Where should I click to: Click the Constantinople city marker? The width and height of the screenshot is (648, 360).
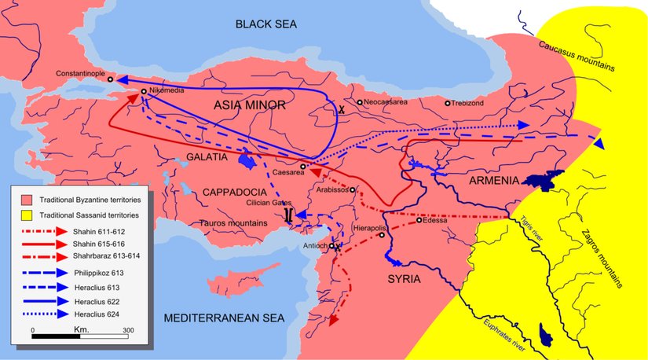(111, 79)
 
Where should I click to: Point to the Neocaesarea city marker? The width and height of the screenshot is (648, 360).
(360, 102)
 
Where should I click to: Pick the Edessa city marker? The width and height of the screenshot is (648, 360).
(419, 220)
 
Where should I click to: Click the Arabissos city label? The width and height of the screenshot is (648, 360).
(332, 189)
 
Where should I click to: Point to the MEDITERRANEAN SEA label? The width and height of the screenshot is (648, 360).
(221, 318)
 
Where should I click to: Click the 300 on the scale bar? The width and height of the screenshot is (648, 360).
(129, 329)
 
